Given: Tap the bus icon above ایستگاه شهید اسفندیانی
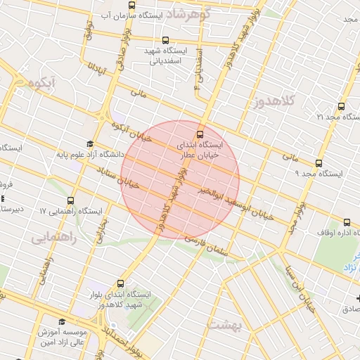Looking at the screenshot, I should click(165, 41).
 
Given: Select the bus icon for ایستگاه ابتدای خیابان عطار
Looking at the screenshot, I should click(200, 132).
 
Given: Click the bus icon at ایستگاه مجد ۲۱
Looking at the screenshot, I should click(341, 107).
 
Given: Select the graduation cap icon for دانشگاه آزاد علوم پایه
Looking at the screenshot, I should click(90, 144).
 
